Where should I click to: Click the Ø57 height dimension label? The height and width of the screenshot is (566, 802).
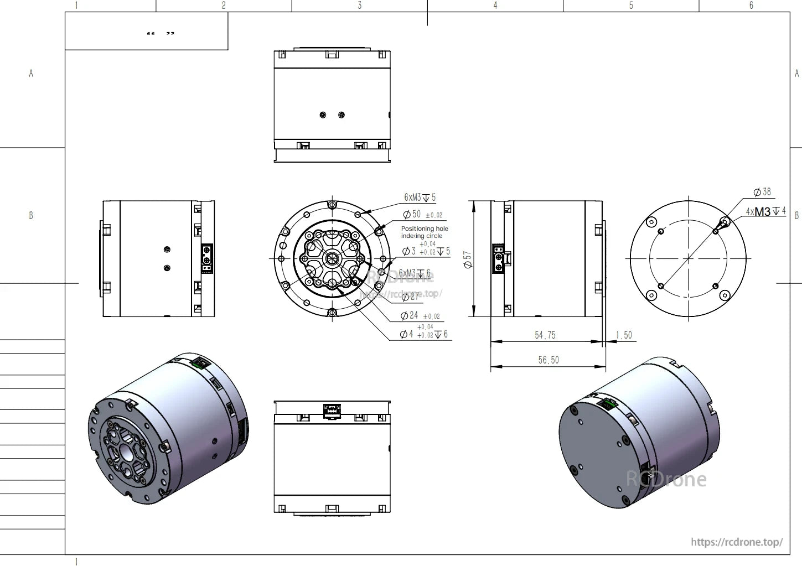click(x=468, y=259)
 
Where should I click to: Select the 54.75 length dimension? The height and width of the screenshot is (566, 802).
click(x=545, y=335)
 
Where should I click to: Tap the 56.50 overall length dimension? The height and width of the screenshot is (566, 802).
click(x=548, y=360)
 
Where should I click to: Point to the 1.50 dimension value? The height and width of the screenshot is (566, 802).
click(x=623, y=335)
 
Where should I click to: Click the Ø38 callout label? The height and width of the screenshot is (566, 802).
click(x=762, y=192)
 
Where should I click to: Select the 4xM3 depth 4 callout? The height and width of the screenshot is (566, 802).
click(x=765, y=211)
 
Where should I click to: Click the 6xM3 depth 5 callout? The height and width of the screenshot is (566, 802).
click(x=420, y=198)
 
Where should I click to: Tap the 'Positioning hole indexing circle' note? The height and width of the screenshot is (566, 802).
click(x=425, y=232)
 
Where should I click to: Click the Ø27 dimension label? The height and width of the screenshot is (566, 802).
click(x=411, y=297)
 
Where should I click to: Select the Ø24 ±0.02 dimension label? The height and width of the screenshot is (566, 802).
click(x=420, y=315)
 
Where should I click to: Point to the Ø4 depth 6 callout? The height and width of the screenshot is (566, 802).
click(x=423, y=334)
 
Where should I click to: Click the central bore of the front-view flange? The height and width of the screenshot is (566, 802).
click(x=332, y=258)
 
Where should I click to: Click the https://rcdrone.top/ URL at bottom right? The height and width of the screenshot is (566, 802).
click(x=737, y=542)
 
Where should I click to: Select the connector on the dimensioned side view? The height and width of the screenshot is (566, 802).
click(x=499, y=258)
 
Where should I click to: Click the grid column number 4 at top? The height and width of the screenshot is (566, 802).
click(x=495, y=6)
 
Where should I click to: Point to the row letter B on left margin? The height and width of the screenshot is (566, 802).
click(x=31, y=215)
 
